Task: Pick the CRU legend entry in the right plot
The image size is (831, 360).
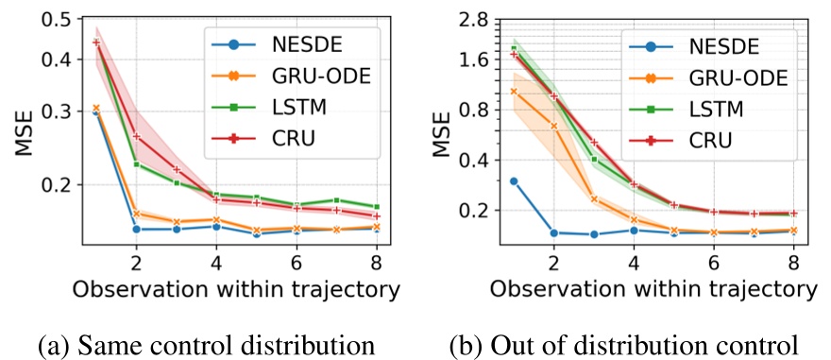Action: click(715, 140)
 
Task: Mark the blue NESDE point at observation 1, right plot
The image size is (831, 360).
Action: click(514, 181)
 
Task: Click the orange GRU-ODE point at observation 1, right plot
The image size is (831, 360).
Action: click(514, 91)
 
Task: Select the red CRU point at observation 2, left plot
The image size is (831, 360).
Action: click(137, 136)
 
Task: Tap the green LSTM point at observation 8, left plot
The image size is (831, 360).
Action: click(377, 206)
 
